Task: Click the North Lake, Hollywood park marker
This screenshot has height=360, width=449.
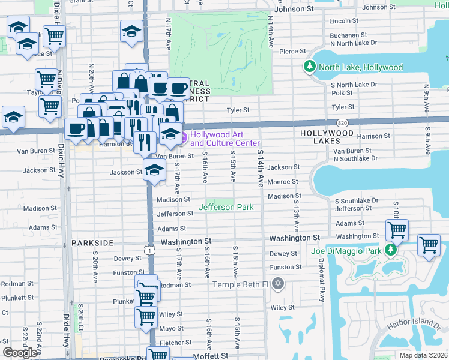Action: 310,67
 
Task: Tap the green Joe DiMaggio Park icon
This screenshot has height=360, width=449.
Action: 391,249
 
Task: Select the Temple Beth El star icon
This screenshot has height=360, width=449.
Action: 277,283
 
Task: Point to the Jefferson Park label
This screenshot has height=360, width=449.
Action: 226,207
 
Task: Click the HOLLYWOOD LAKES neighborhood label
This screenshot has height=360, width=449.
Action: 327,136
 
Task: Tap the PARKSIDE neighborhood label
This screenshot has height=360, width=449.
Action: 92,242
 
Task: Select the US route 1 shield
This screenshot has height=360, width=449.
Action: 151,248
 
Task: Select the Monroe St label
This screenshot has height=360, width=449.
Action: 282,181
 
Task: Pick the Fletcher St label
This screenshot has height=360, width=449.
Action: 175,343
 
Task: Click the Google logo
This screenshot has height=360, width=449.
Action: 20,353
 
